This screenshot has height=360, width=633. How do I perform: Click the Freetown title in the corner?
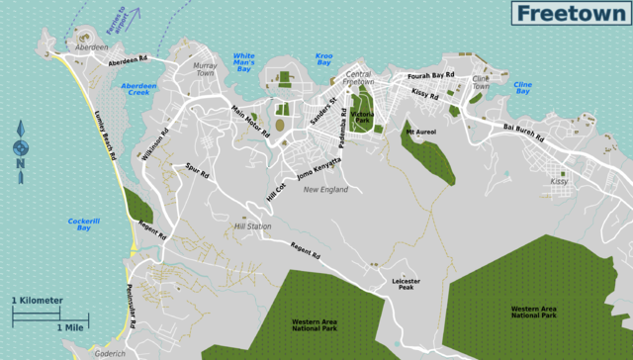point(570,13)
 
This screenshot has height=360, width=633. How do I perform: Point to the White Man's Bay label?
point(242,62)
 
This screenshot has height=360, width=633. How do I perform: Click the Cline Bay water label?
point(523,89)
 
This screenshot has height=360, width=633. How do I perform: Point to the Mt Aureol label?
point(421,131)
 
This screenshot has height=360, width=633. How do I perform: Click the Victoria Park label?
point(362,119)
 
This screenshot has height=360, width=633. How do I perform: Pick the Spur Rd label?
point(197,174)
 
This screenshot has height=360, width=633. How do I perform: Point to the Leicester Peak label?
point(407,285)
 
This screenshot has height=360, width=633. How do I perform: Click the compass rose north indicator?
point(21,149)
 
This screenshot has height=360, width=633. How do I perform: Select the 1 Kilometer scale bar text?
point(38,300)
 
